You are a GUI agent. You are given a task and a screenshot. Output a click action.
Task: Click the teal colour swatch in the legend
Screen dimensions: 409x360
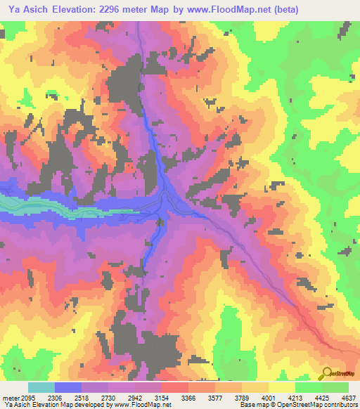coord(41,387)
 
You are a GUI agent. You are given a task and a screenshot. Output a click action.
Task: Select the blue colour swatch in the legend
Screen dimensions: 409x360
coord(68,387)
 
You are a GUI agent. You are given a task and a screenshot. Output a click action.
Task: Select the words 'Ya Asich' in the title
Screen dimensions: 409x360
coord(27,10)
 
